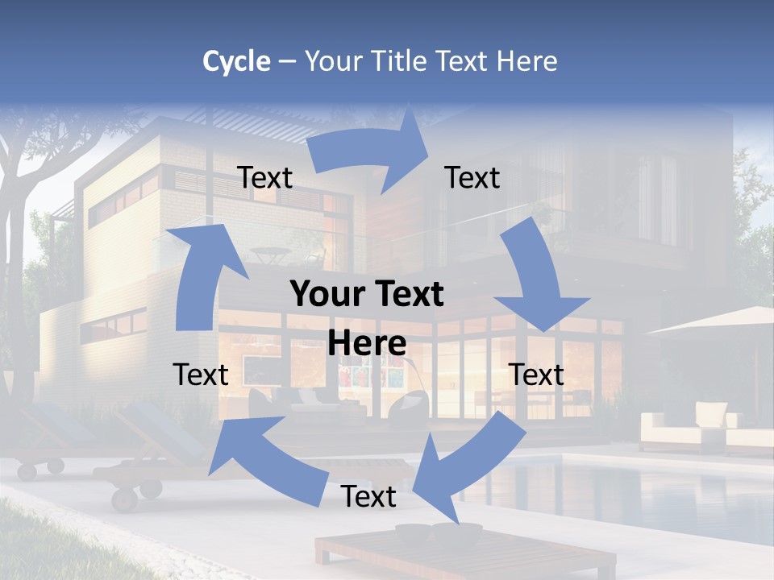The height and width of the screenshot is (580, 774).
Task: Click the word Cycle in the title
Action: [236, 61]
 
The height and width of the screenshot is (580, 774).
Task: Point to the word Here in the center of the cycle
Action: [367, 343]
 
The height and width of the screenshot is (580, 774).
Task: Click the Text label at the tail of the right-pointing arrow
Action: [264, 177]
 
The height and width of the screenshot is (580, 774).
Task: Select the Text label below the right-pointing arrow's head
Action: [472, 177]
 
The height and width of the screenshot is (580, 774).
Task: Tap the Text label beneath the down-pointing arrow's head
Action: [536, 375]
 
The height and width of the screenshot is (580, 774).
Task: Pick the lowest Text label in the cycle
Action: [368, 496]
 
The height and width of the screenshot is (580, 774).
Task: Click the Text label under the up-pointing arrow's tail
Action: [201, 375]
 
